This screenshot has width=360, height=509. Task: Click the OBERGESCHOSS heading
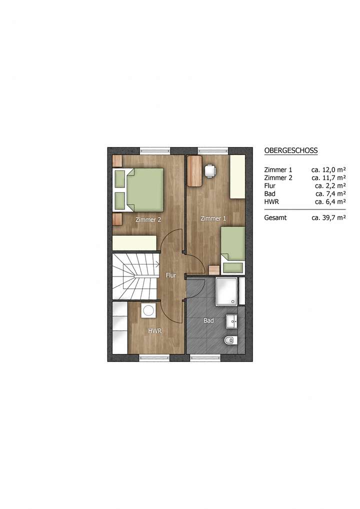point(290,150)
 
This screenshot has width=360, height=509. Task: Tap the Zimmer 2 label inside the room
point(148,219)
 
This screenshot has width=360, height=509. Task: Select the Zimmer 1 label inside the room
point(213,218)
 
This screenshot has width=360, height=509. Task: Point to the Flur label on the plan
point(170,275)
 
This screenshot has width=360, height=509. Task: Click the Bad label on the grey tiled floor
point(208,320)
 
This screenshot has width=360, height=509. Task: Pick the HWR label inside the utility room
point(154,331)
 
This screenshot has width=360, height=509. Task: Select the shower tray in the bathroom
point(226,291)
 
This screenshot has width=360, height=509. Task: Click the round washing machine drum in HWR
point(148,310)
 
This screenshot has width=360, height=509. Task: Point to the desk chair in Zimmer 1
point(210,171)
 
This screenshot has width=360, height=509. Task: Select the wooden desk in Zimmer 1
point(194,171)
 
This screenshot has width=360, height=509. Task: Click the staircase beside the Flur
point(134,276)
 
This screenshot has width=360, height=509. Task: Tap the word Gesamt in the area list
point(275,217)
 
